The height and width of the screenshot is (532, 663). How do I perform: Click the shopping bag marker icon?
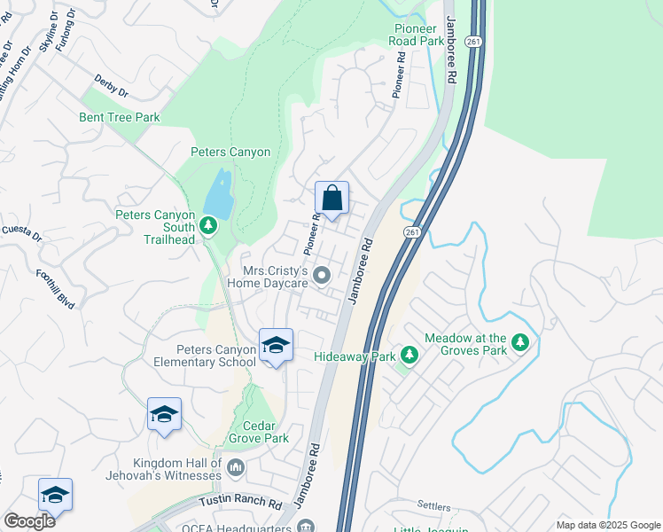coord(331,199)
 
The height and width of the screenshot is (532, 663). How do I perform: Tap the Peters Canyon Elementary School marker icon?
coord(276,346)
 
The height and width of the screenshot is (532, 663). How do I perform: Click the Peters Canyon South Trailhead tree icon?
coord(209,227)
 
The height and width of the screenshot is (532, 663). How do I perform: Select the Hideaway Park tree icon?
coord(409,356)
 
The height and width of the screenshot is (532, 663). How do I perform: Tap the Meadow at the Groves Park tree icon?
coord(520,342)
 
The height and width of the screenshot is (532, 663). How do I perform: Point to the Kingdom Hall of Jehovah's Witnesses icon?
coord(235,466)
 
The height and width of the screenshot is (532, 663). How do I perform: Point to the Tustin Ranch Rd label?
coord(240,502)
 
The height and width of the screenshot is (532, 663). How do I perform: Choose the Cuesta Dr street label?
coord(20,233)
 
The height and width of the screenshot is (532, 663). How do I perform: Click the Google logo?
coord(29,520)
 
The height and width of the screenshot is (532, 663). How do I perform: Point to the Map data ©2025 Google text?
coord(607,525)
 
